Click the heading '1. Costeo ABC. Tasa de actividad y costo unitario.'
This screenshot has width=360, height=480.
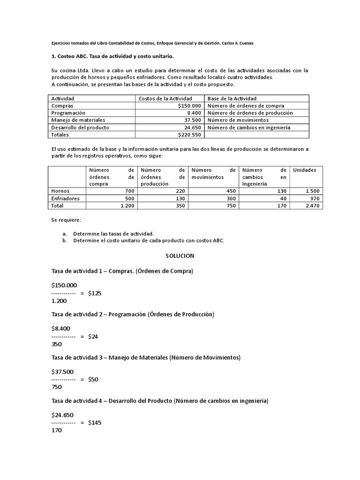(112, 56)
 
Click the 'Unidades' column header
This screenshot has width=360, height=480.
(305, 170)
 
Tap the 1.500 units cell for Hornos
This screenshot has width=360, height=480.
(312, 191)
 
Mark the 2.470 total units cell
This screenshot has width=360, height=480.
(312, 205)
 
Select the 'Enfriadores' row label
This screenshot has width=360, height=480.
(66, 198)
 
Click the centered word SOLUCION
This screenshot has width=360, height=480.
(180, 256)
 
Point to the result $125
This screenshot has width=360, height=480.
(94, 293)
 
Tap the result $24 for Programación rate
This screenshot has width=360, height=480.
(92, 337)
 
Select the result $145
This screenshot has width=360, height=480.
(94, 422)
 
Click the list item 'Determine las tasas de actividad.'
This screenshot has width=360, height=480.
(113, 233)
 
